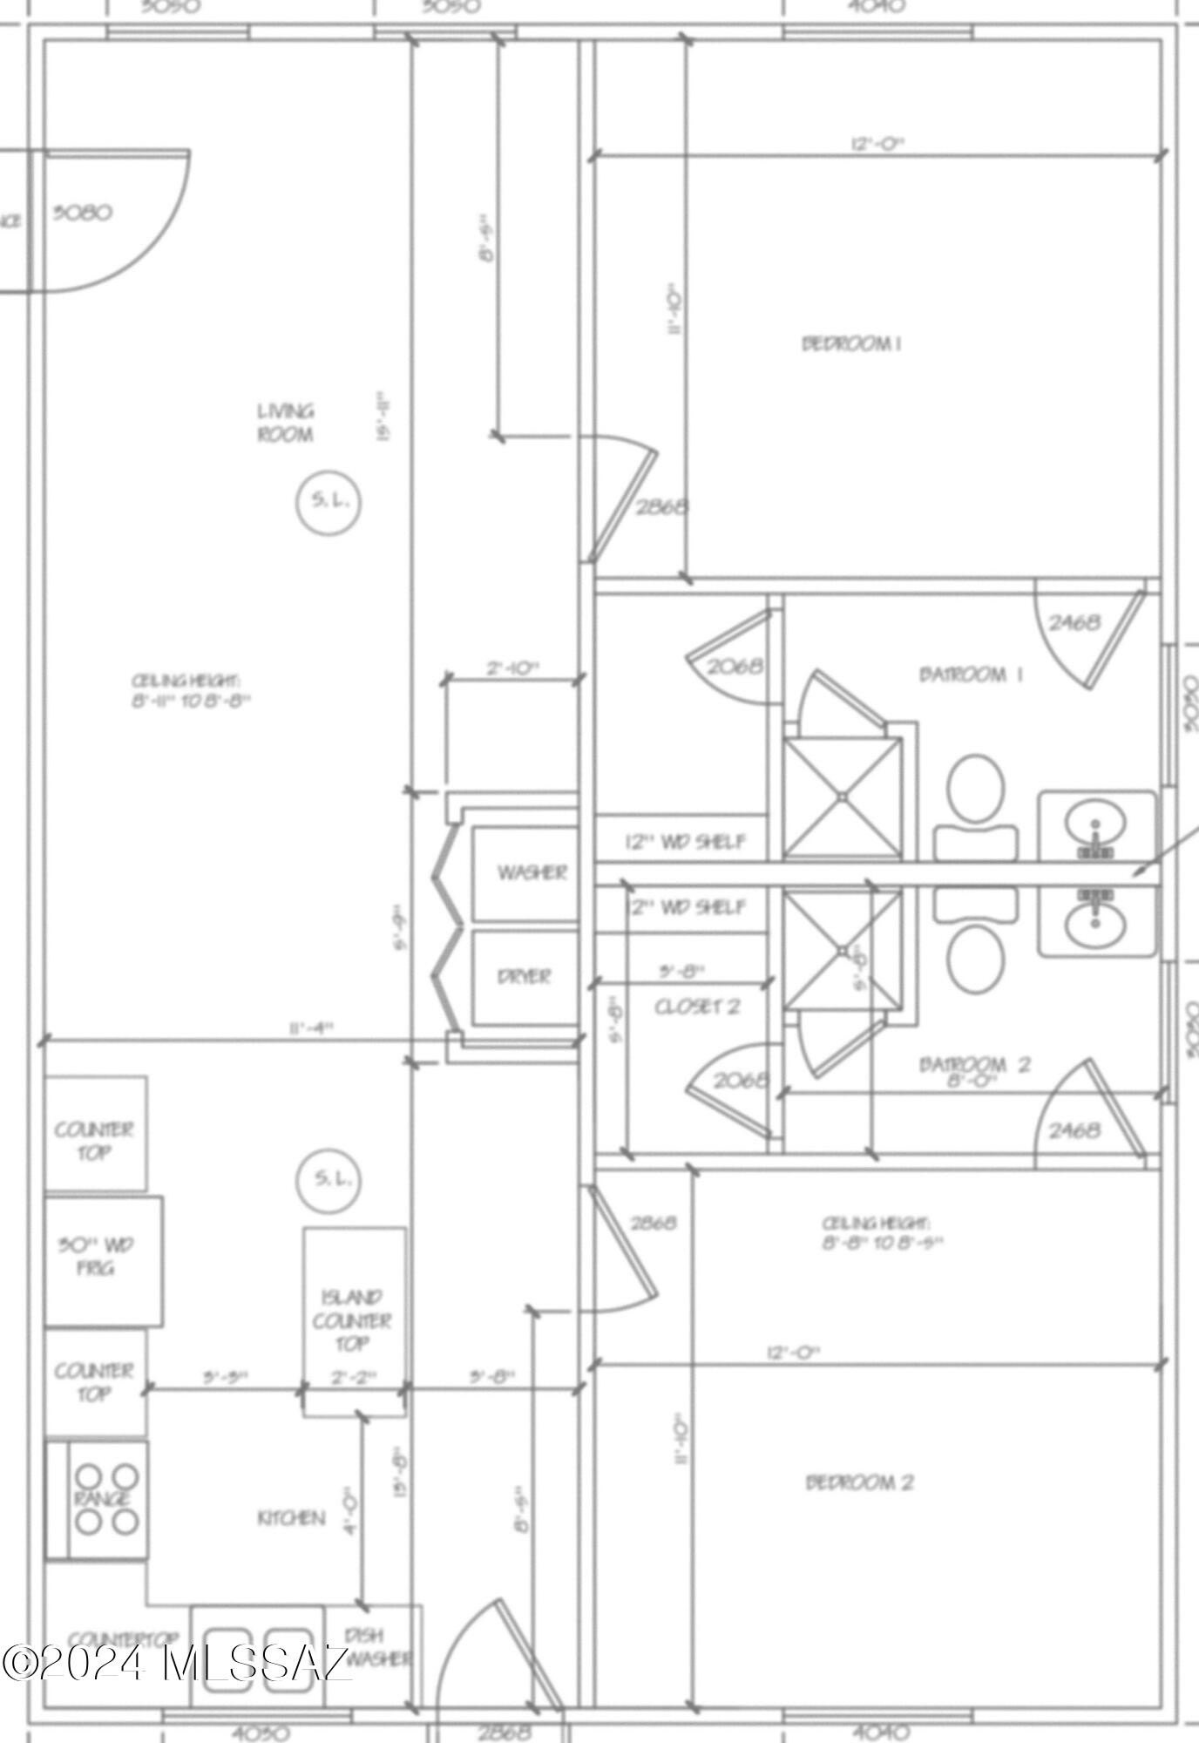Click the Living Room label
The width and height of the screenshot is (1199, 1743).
(x=285, y=423)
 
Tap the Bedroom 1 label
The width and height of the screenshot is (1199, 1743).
(x=851, y=343)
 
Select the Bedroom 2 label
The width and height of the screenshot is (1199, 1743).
(x=859, y=1482)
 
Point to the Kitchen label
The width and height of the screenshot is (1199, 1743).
(x=291, y=1518)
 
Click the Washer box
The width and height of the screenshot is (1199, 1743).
(x=525, y=872)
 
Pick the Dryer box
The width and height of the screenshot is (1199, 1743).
(x=525, y=976)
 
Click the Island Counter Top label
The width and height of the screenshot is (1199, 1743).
(x=352, y=1320)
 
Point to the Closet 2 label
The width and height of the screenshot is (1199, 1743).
(x=697, y=1007)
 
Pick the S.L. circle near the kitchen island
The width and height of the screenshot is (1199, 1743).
(x=329, y=1179)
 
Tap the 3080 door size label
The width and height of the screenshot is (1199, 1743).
(x=82, y=213)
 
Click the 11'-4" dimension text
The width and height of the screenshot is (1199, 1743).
(x=310, y=1028)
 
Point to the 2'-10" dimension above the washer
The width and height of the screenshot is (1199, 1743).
(x=512, y=668)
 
